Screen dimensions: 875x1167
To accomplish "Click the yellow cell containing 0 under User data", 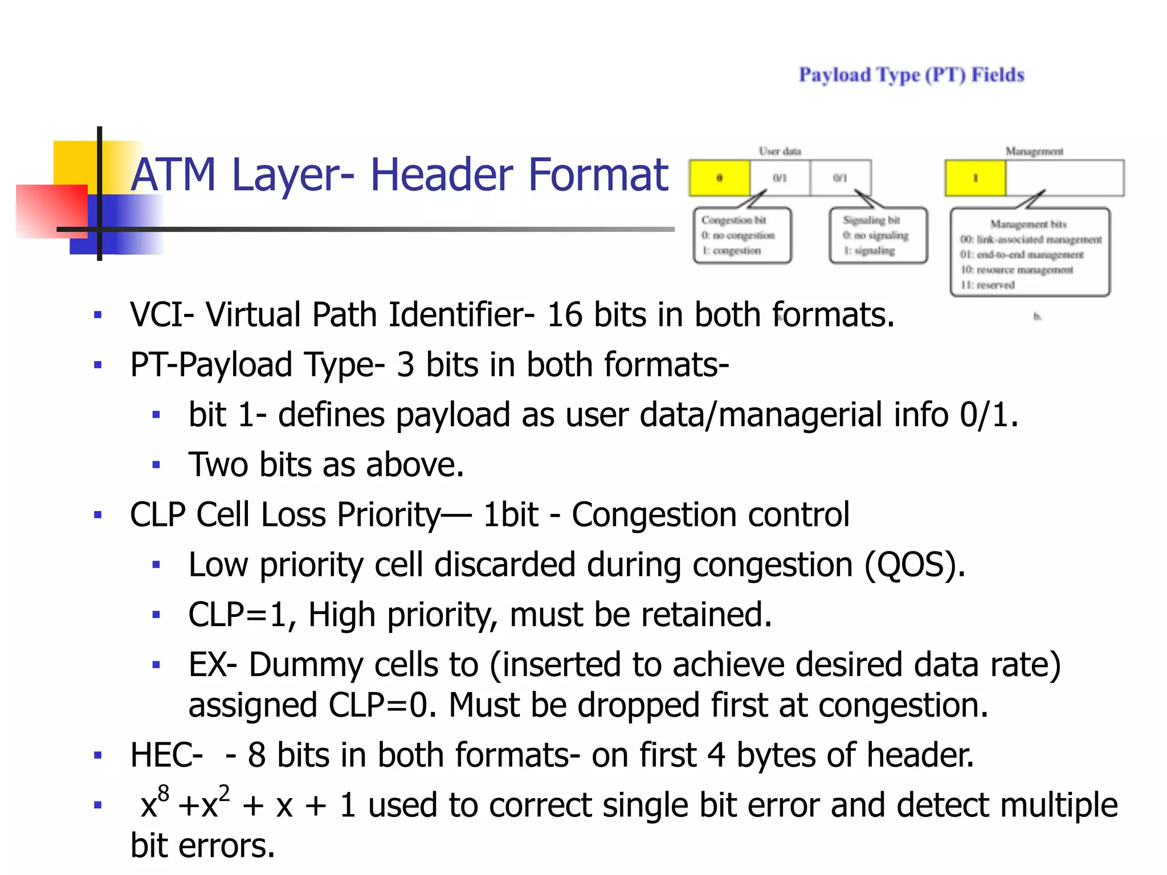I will (719, 178).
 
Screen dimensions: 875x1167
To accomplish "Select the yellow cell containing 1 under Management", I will (975, 178).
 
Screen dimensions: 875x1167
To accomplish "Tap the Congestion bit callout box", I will (742, 235).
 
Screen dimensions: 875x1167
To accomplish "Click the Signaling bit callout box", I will (878, 235).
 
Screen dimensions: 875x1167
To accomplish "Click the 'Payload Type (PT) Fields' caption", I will (911, 75).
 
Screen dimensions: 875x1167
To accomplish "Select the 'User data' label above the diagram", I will (780, 151).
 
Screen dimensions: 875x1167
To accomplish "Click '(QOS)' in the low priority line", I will (915, 565).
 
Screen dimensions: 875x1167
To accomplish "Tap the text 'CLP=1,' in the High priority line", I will (243, 615).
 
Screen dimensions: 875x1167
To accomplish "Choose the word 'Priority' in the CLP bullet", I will (389, 515).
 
